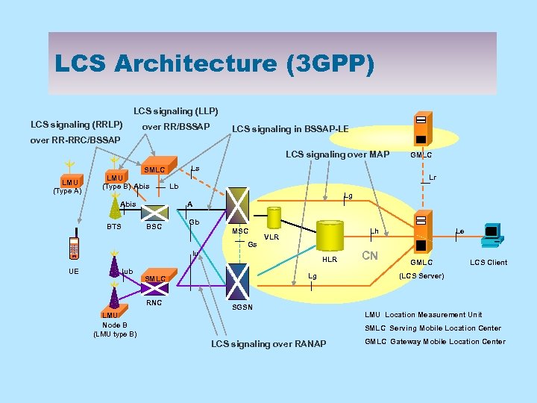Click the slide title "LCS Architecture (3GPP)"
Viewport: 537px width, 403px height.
point(215,63)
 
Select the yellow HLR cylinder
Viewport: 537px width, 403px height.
point(331,238)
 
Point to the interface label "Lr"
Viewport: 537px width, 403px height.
point(433,178)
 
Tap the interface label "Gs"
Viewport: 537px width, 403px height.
point(252,245)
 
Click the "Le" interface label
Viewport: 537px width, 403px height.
point(461,232)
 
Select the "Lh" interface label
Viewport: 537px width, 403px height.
point(375,232)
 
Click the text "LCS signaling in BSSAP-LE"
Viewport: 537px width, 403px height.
point(290,129)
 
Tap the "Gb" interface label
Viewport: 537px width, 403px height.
point(194,222)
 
